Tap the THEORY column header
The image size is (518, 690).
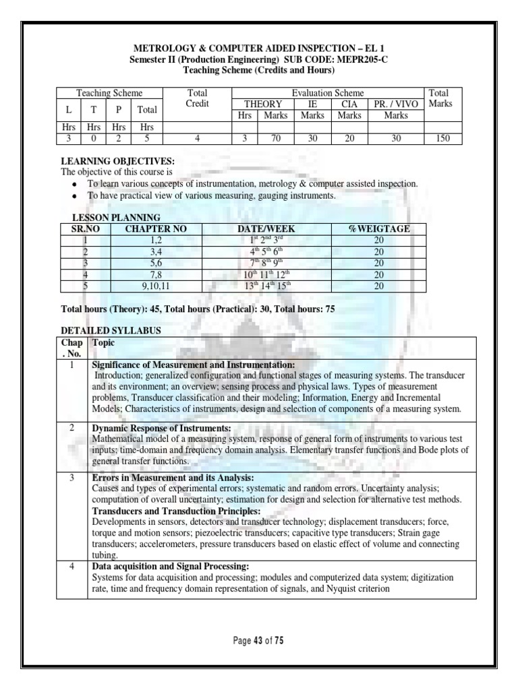pyautogui.click(x=262, y=104)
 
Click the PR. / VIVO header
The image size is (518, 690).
pyautogui.click(x=395, y=104)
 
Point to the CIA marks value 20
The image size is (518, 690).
pyautogui.click(x=349, y=139)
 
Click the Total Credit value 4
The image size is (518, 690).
pyautogui.click(x=197, y=139)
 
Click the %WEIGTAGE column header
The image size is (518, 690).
pyautogui.click(x=378, y=229)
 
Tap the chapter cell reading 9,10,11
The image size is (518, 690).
pyautogui.click(x=156, y=286)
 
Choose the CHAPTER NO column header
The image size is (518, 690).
pyautogui.click(x=156, y=229)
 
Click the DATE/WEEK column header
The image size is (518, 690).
pyautogui.click(x=266, y=229)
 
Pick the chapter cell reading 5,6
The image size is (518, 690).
pyautogui.click(x=156, y=263)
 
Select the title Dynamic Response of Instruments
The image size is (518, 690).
pyautogui.click(x=161, y=429)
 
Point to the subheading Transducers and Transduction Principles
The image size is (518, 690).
pyautogui.click(x=173, y=511)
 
